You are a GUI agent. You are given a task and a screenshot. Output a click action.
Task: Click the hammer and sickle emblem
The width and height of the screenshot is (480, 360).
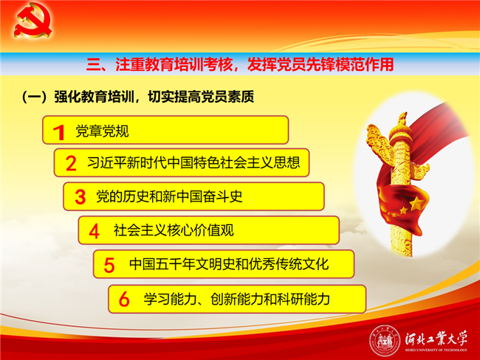tap(32, 21)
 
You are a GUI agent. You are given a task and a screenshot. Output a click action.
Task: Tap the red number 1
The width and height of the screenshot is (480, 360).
tap(59, 133)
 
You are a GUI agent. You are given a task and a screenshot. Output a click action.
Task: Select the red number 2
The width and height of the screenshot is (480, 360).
tap(71, 163)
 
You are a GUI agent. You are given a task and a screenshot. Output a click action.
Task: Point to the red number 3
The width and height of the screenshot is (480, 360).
tap(80, 197)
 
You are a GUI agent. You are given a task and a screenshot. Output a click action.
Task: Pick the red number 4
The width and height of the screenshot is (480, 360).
tap(94, 231)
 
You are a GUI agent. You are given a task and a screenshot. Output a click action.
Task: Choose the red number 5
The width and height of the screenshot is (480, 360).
tap(109, 265)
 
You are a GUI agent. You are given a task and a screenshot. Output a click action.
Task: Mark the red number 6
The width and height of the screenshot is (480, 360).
tap(124, 299)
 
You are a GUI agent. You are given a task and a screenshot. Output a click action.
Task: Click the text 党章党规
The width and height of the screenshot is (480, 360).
tap(102, 131)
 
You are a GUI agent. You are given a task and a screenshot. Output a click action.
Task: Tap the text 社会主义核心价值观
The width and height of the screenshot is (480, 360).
tap(174, 230)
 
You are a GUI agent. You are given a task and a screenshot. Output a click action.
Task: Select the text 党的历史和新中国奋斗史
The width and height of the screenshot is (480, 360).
tap(169, 196)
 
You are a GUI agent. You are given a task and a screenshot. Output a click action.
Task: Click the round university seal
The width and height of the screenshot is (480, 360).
tap(385, 341)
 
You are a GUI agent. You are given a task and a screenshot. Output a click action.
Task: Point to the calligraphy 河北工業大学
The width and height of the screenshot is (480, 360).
tap(436, 339)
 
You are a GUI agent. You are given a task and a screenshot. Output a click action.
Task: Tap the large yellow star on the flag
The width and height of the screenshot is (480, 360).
tap(417, 204)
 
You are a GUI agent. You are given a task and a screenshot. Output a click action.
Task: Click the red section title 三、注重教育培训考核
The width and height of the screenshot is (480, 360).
tap(160, 64)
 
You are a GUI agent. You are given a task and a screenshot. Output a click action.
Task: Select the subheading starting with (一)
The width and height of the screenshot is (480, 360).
tap(138, 97)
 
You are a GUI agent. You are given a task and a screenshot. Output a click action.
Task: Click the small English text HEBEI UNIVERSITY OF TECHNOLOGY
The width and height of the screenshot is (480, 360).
tap(436, 350)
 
